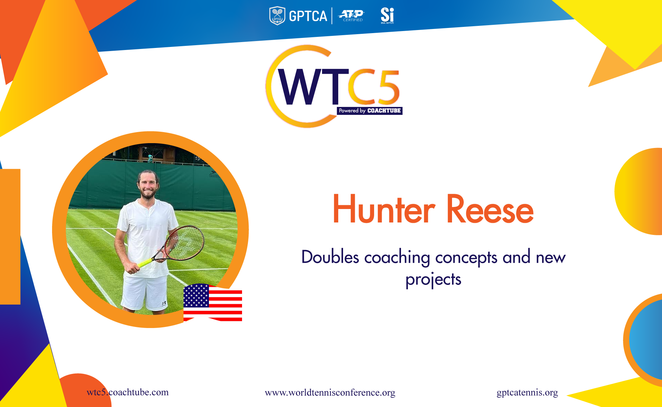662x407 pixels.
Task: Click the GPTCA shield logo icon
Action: (x=277, y=16)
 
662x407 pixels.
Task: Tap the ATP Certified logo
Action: (x=351, y=16)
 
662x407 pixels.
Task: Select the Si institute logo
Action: (x=387, y=16)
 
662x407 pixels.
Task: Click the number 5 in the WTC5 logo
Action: (x=388, y=87)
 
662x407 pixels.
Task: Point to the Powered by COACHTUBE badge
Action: (x=370, y=111)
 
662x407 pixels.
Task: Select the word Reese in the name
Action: (x=490, y=209)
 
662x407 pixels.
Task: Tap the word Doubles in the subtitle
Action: (x=330, y=257)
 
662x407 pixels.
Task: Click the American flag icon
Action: (x=213, y=302)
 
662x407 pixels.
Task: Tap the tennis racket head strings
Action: (x=185, y=243)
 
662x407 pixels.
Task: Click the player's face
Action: (x=148, y=185)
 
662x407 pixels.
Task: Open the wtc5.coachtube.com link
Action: (x=128, y=392)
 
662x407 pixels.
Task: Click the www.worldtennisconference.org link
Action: (x=330, y=393)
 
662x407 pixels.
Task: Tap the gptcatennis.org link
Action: (x=527, y=393)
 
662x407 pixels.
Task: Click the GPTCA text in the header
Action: (x=308, y=16)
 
